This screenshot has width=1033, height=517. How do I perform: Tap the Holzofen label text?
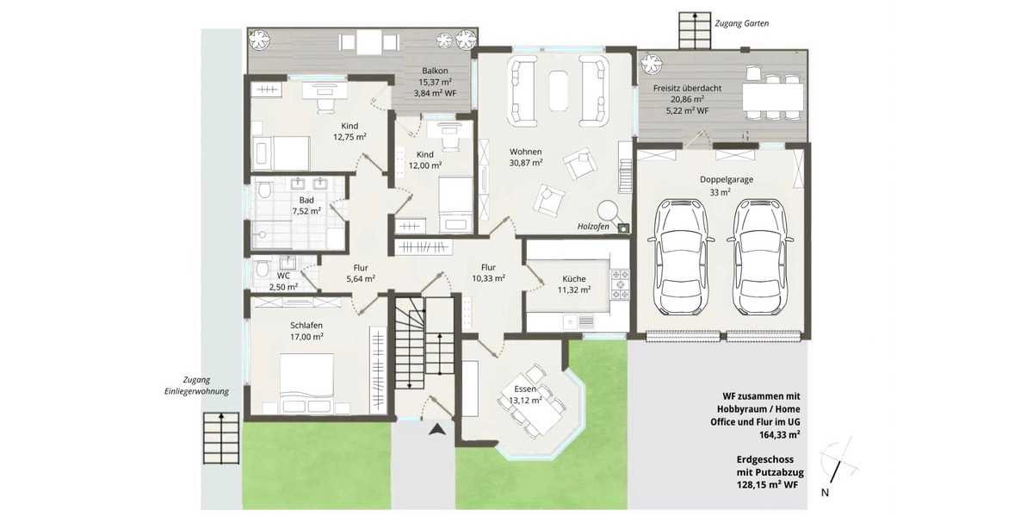(593, 227)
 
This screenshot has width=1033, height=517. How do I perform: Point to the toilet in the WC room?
(262, 270)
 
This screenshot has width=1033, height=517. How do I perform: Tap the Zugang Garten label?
(741, 23)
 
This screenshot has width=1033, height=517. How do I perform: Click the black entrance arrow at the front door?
(438, 429)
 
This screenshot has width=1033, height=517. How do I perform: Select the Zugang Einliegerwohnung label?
(198, 385)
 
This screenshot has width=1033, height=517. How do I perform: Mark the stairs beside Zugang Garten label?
(690, 32)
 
